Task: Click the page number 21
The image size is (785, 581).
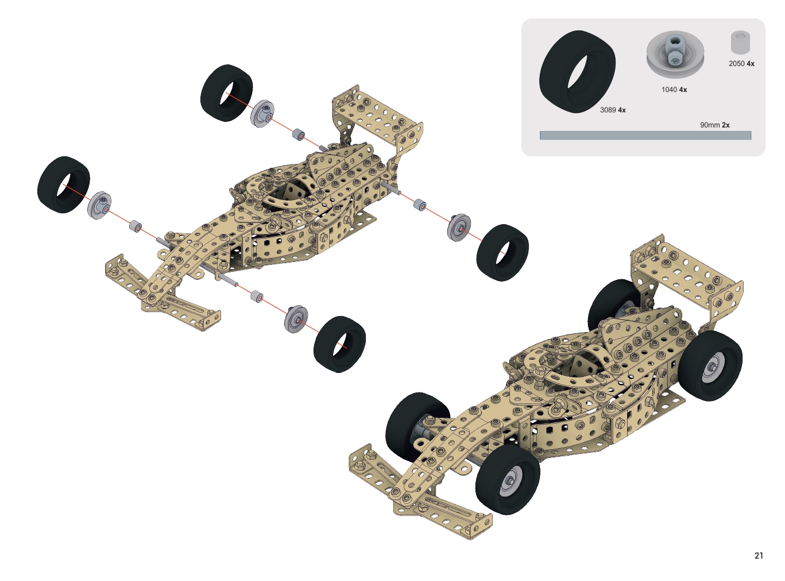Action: click(x=759, y=556)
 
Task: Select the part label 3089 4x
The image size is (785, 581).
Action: click(x=613, y=110)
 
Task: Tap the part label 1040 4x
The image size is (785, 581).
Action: click(x=674, y=90)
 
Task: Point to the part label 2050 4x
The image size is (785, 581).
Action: click(x=741, y=64)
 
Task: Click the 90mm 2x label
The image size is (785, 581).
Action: click(x=714, y=125)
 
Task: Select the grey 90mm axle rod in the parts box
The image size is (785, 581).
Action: click(x=645, y=135)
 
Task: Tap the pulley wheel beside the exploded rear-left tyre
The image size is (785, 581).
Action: click(x=262, y=114)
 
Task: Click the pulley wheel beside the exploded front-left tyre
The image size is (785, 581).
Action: click(x=99, y=206)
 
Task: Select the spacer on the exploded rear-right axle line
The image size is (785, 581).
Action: click(x=420, y=205)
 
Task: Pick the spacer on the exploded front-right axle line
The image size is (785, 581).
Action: click(x=257, y=296)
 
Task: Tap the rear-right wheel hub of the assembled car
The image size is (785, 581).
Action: click(x=713, y=366)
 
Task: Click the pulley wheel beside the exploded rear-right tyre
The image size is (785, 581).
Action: click(x=459, y=228)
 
